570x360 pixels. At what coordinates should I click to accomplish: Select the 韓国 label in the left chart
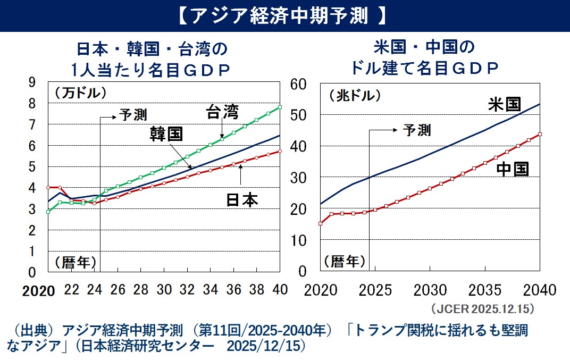[x=166, y=133]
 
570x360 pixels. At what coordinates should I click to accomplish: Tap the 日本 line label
[x=241, y=200]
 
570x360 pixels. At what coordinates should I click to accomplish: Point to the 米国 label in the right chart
[x=504, y=104]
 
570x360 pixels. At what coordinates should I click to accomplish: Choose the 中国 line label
[x=513, y=169]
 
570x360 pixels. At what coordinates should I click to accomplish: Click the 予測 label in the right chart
[x=417, y=130]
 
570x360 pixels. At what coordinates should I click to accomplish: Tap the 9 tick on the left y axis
[x=31, y=82]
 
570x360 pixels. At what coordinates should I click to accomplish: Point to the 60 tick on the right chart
[x=299, y=84]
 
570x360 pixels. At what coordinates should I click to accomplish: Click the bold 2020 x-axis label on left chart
[x=39, y=291]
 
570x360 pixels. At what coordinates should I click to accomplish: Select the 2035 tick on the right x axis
[x=485, y=290]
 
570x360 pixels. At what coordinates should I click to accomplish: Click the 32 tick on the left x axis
[x=187, y=290]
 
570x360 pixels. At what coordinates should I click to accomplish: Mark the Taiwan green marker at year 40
[x=280, y=107]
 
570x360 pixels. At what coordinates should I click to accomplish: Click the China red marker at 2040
[x=540, y=134]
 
